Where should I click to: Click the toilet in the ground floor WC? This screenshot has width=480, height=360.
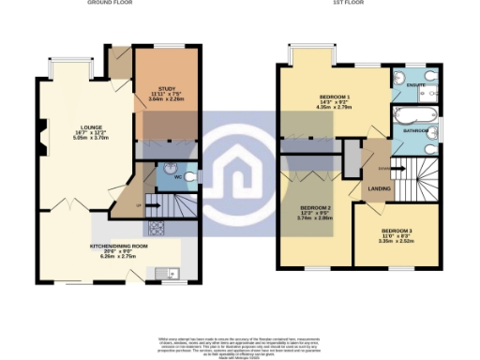tap(188, 174)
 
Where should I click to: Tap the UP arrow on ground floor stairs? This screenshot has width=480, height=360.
tap(141, 203)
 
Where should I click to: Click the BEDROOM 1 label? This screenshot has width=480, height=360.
tap(334, 99)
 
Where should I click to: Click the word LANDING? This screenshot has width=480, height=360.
tap(380, 189)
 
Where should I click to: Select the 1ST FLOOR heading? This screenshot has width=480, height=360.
tap(346, 3)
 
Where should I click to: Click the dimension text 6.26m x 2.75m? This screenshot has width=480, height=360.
tap(118, 255)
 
